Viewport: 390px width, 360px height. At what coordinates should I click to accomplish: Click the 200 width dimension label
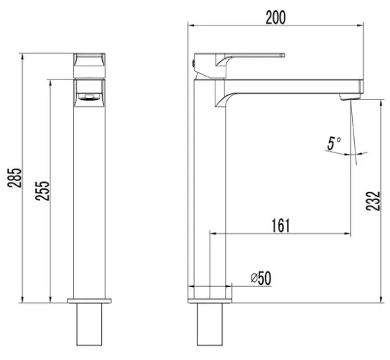275,18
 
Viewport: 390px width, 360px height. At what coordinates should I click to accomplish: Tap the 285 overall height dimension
14,178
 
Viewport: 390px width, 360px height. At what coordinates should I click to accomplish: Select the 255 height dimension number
42,191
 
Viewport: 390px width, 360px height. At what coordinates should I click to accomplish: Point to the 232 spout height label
373,201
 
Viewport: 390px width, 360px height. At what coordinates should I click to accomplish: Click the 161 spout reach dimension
280,226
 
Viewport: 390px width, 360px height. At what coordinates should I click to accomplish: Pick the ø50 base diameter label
261,278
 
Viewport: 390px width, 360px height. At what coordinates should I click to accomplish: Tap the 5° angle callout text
334,143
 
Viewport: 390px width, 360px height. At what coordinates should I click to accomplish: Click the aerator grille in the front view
89,97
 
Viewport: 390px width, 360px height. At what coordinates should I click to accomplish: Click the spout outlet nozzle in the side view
350,97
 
